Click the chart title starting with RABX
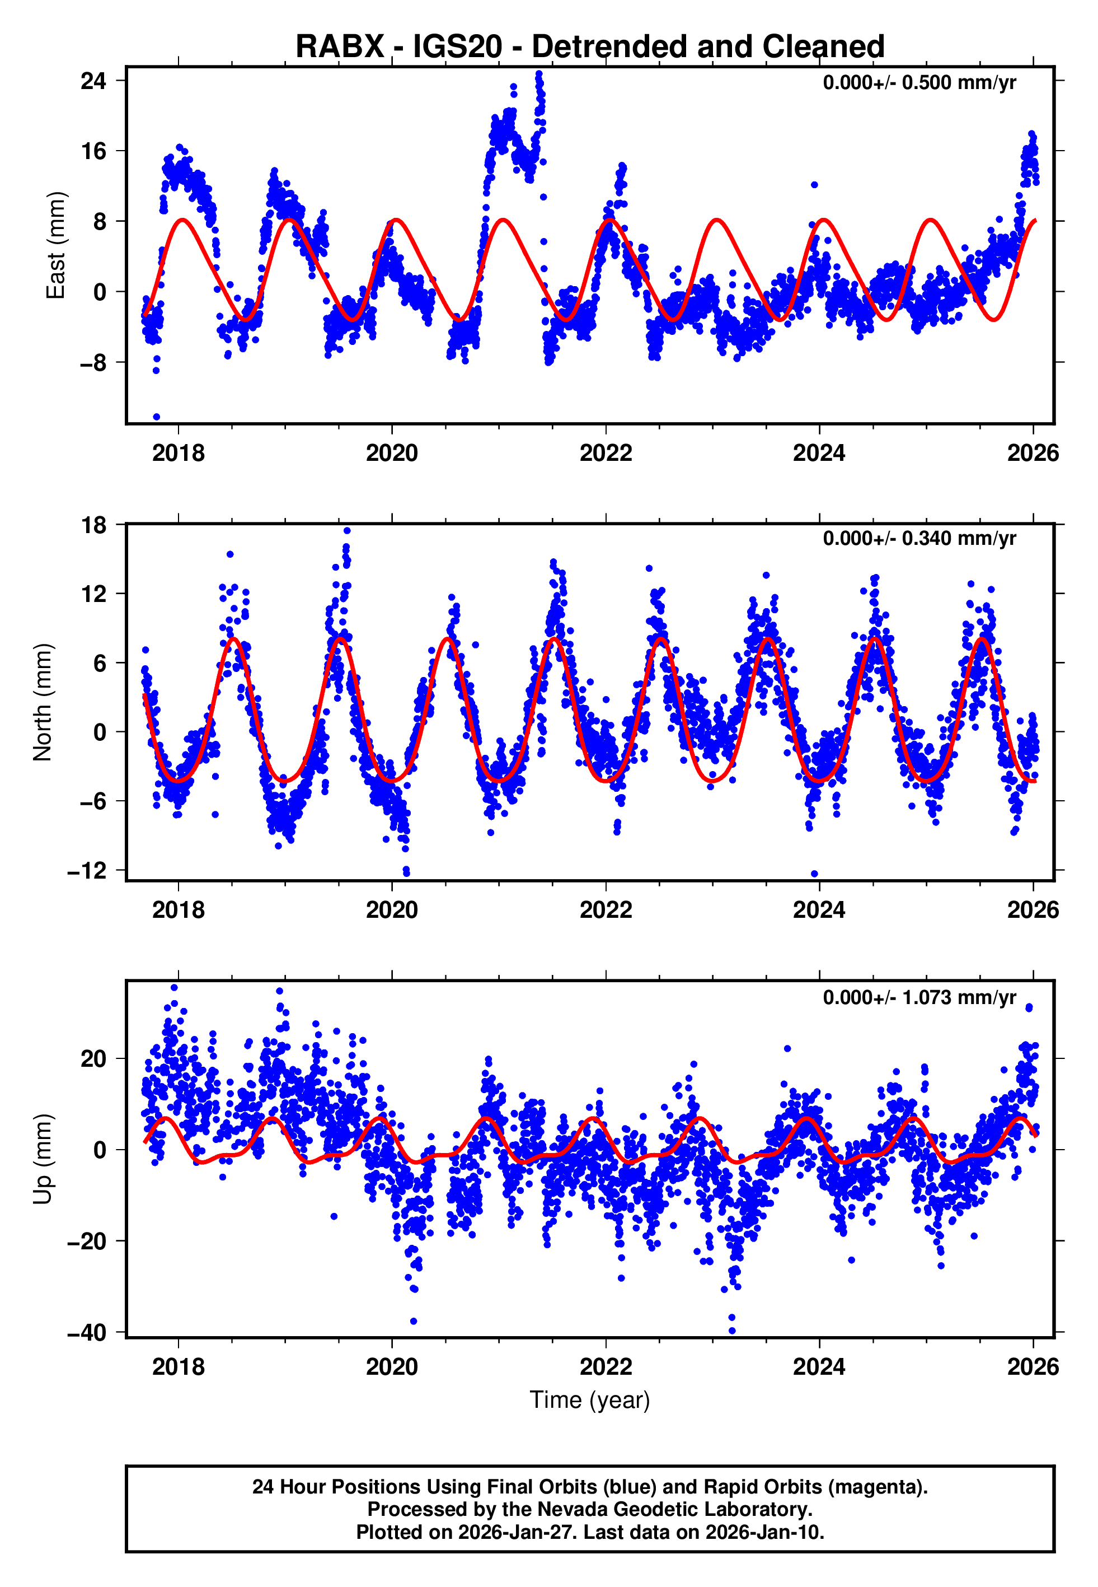[x=590, y=47]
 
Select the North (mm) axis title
[x=43, y=702]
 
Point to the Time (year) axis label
[x=590, y=1400]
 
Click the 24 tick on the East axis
[x=93, y=81]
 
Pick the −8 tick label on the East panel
[x=93, y=363]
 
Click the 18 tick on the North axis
[x=93, y=525]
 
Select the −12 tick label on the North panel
[x=87, y=871]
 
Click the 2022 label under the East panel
[x=606, y=454]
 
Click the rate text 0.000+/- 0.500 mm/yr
[x=919, y=83]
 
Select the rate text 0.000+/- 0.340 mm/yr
[x=919, y=539]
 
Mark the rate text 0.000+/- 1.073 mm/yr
[x=919, y=997]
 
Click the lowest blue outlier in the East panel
[x=156, y=417]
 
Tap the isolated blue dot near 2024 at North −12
[x=815, y=874]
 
